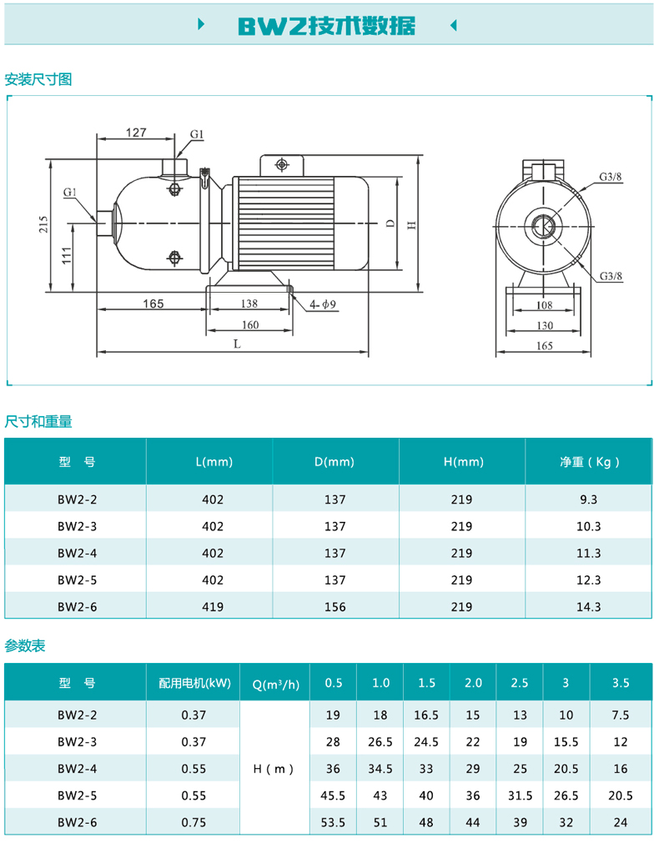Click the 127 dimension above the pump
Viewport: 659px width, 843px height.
[136, 133]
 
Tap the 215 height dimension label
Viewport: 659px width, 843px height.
[43, 224]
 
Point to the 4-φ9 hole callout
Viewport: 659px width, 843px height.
[323, 305]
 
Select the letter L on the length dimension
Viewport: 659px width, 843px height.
[237, 344]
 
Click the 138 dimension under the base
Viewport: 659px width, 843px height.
[249, 304]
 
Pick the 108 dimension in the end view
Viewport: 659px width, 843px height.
[545, 305]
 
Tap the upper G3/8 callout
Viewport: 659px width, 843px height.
[611, 176]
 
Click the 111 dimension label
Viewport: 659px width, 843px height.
[67, 255]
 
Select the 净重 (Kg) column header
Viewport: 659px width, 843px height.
[590, 462]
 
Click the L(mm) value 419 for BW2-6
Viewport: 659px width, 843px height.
[213, 607]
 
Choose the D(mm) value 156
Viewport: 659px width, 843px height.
[335, 607]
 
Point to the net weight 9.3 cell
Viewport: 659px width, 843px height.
[589, 499]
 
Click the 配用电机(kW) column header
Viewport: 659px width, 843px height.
[194, 683]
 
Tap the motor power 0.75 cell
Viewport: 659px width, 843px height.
[194, 822]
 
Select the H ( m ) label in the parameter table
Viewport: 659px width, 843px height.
[274, 770]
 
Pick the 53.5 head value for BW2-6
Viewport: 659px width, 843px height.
[333, 822]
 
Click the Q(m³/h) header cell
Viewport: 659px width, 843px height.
[276, 684]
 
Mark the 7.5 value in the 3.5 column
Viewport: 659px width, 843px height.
[621, 715]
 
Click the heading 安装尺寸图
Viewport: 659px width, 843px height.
[38, 79]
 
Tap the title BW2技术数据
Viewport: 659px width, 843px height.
[327, 25]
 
